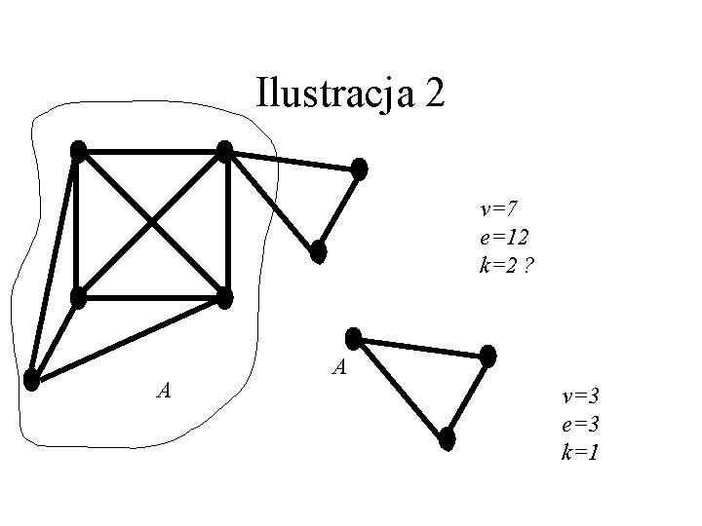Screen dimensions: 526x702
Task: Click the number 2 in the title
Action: [x=436, y=94]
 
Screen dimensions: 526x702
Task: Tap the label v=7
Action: [x=501, y=207]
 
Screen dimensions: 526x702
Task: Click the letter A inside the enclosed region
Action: [x=165, y=391]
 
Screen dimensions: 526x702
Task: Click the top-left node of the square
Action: [x=79, y=151]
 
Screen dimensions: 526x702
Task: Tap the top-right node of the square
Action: [x=225, y=151]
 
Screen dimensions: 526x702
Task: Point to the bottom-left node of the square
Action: [x=79, y=297]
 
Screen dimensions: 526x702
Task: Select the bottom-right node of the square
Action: [x=225, y=297]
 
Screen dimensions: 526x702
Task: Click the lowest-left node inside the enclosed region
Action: [x=32, y=380]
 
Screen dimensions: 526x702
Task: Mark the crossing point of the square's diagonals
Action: [x=152, y=224]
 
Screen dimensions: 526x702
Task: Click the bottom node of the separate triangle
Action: [x=448, y=438]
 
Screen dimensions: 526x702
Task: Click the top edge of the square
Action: [x=152, y=151]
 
